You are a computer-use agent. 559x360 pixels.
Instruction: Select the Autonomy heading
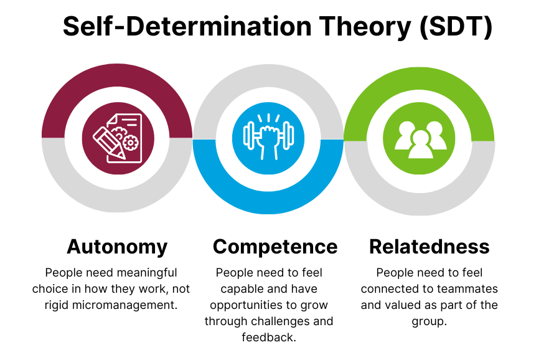click(x=117, y=247)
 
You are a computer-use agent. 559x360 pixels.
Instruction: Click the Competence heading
click(x=275, y=247)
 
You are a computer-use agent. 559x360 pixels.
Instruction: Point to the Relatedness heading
click(x=429, y=247)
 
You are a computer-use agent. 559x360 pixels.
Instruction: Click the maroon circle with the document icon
click(x=117, y=138)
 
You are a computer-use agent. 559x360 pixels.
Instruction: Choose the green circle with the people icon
click(x=420, y=138)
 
